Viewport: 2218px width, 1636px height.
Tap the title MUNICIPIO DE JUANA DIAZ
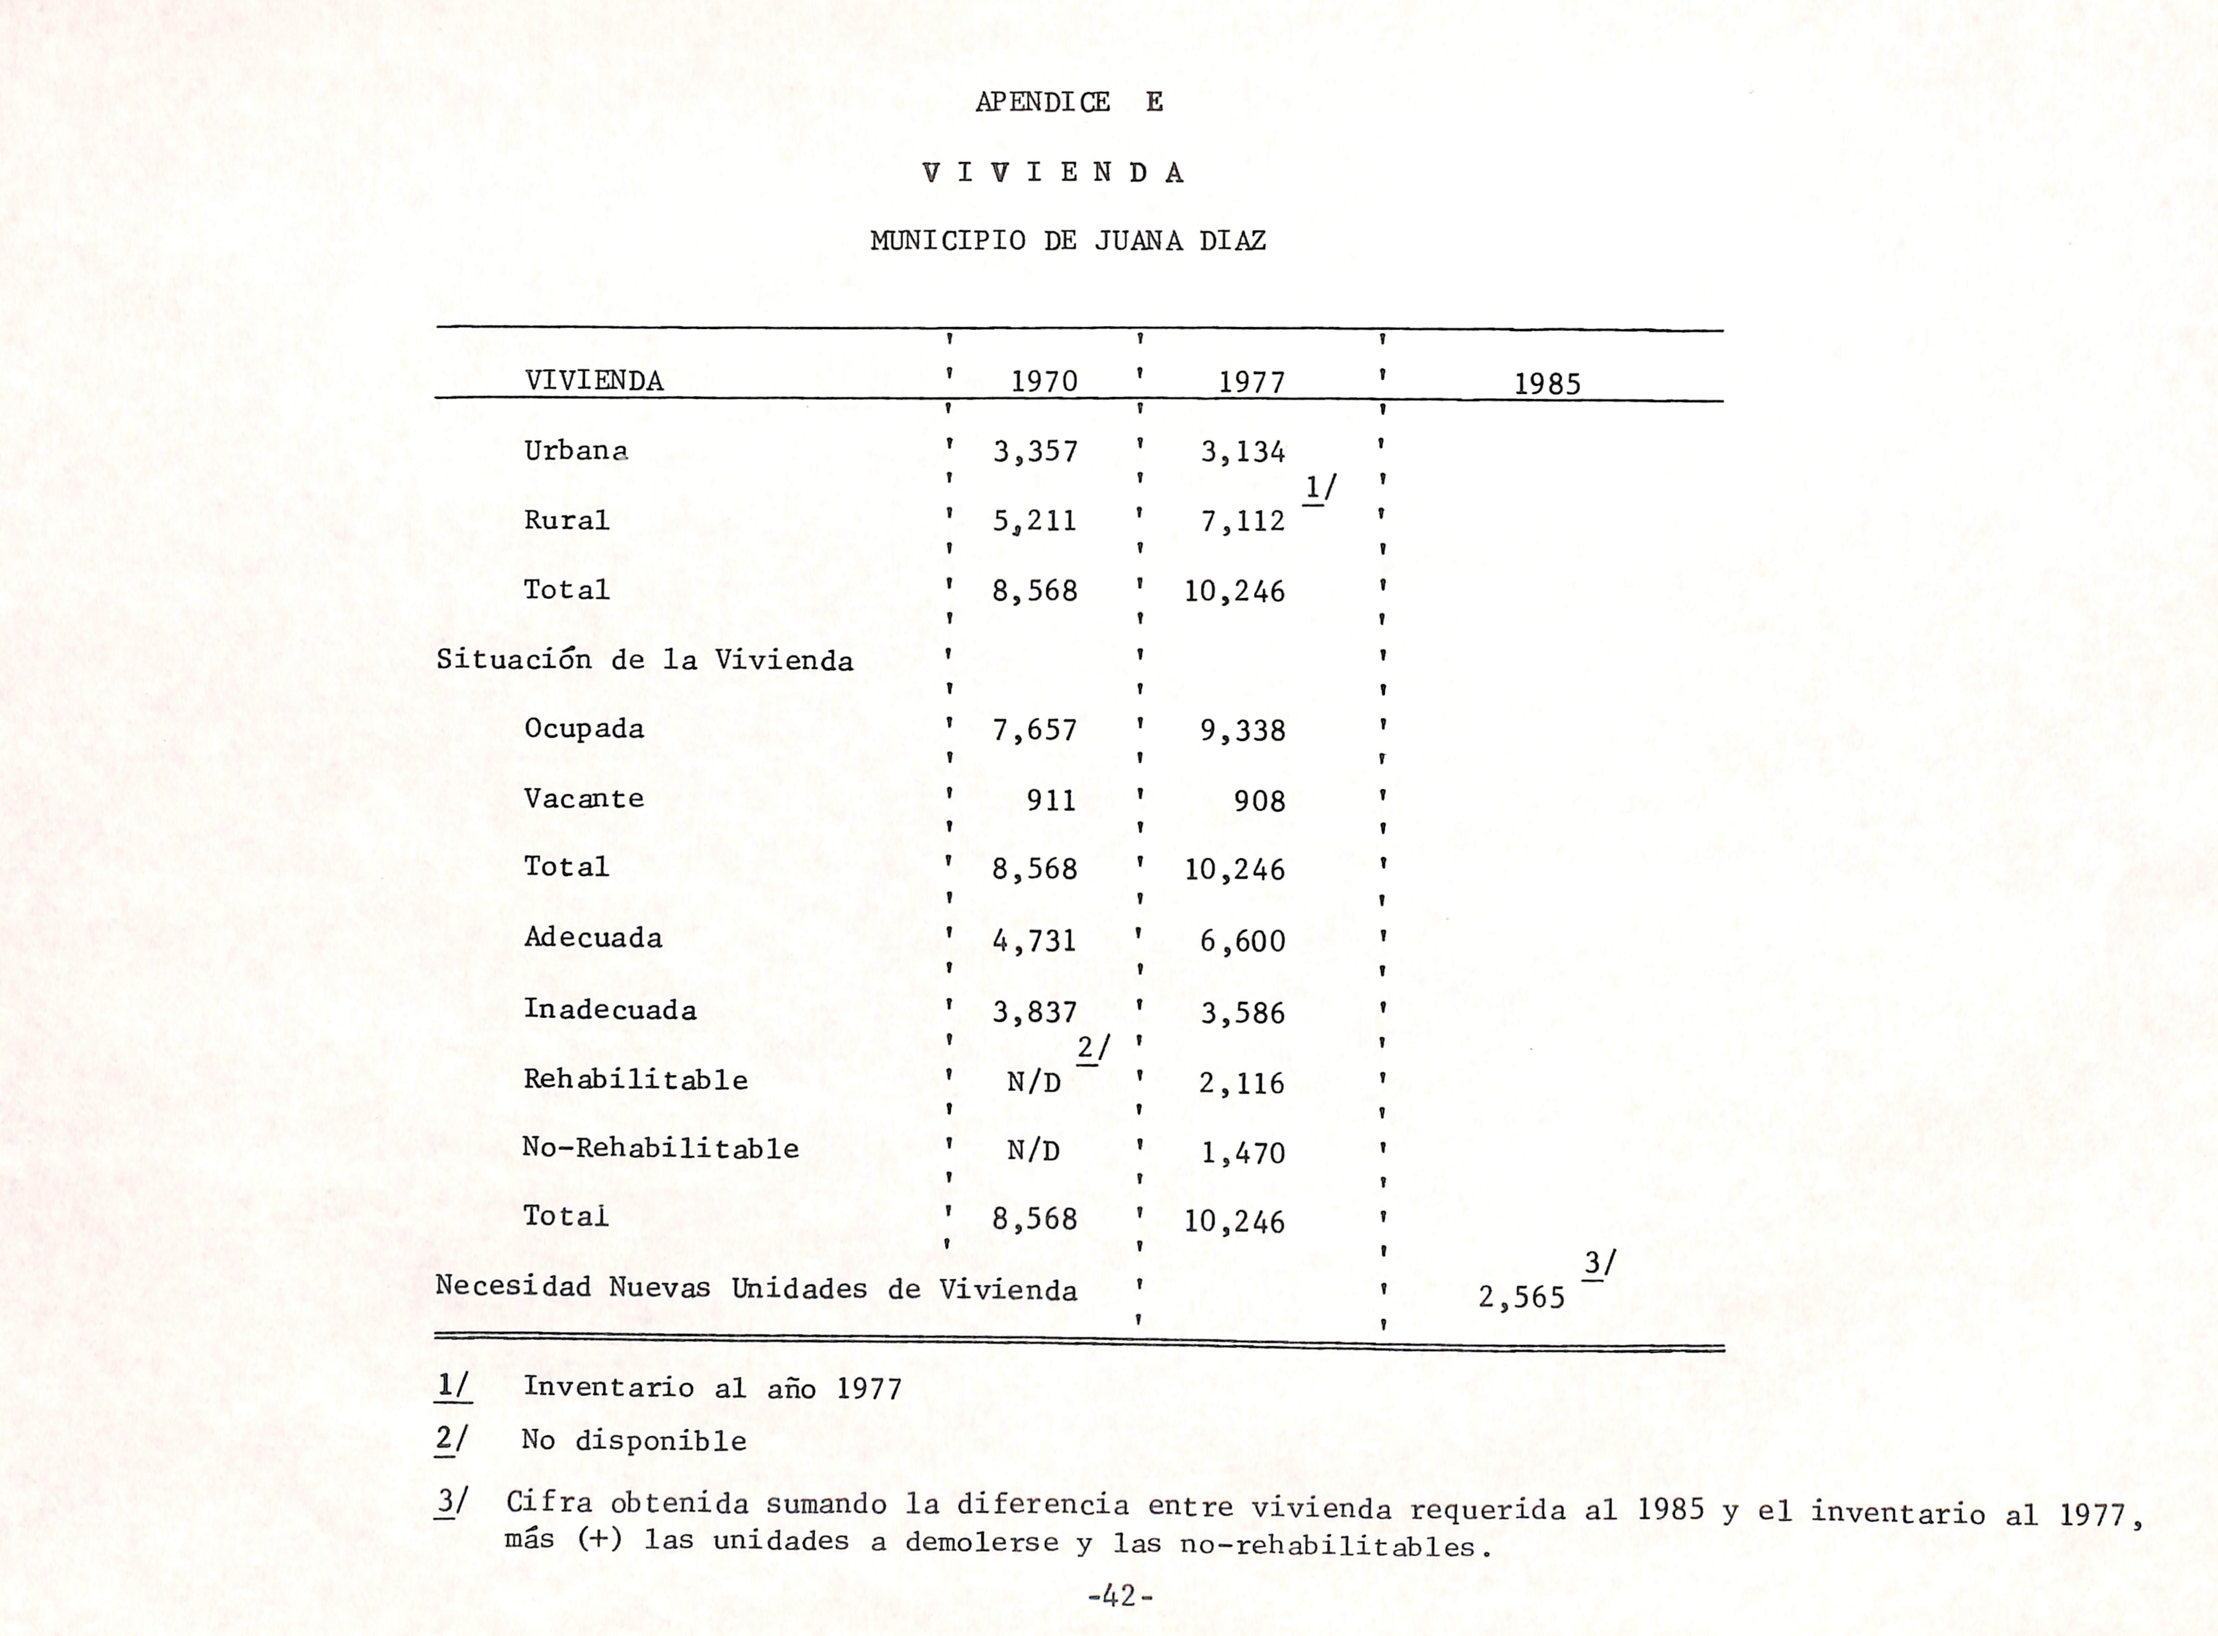[x=1067, y=241]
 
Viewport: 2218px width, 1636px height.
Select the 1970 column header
[x=1044, y=381]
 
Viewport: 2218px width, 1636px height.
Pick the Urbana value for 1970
[x=1035, y=451]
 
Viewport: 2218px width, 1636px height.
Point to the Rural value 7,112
[x=1243, y=521]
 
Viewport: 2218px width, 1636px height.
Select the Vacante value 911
[x=1050, y=799]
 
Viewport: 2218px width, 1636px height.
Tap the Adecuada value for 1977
[x=1243, y=941]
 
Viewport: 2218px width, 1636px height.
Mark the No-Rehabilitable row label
[x=660, y=1149]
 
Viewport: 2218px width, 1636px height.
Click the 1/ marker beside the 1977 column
[x=1320, y=488]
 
